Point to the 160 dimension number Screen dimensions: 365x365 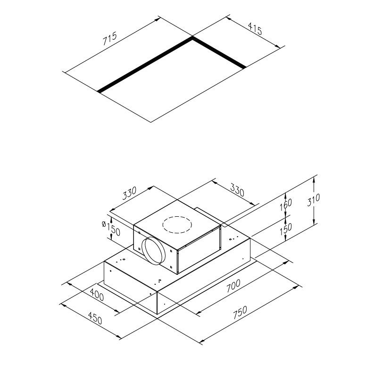pyautogui.click(x=286, y=204)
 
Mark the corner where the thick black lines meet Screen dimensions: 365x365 pyautogui.click(x=191, y=39)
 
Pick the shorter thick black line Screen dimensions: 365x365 pyautogui.click(x=218, y=53)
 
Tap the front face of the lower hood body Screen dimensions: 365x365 pyautogui.click(x=130, y=288)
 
